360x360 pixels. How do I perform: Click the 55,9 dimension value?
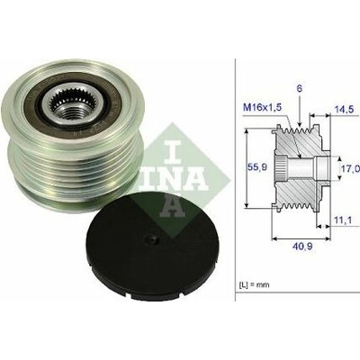point(257,166)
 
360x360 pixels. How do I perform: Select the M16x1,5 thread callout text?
point(262,108)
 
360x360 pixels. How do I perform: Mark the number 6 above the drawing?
point(300,88)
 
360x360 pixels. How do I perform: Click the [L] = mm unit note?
point(254,284)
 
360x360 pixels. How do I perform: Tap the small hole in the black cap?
point(151,238)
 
